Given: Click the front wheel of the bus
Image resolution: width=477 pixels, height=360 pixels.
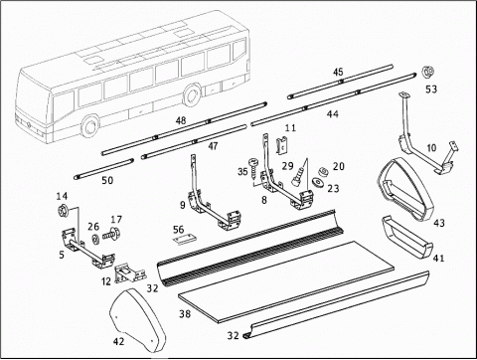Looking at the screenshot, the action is [x=89, y=125].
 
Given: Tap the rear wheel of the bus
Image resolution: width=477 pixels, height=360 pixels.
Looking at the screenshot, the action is [x=192, y=94].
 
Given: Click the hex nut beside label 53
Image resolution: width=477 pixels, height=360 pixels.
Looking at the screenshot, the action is [x=427, y=72].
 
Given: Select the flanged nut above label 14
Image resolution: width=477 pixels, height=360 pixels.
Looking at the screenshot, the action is [x=63, y=210].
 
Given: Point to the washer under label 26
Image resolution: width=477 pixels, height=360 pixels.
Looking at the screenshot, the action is [x=95, y=239].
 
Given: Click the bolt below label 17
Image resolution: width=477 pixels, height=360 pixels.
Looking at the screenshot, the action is [x=111, y=235].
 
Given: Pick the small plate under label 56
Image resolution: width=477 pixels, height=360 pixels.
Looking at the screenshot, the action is [x=184, y=240].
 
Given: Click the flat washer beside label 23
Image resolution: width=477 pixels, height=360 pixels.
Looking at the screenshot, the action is [x=318, y=183].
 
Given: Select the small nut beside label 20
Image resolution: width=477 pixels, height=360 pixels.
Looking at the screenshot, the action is [x=321, y=171].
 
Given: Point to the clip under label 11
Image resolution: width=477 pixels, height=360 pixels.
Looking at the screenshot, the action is [x=281, y=146].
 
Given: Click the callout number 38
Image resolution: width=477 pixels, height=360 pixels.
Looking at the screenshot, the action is [x=185, y=313].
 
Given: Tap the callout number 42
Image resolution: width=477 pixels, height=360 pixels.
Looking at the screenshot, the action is [x=118, y=341].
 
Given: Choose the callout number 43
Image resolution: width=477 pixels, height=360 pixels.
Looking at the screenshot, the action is [x=439, y=223].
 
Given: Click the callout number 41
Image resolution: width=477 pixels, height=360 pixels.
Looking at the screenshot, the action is [x=438, y=258].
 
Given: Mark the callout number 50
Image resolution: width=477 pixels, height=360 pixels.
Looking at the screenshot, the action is [x=107, y=181].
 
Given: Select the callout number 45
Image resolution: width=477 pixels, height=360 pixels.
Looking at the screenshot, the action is [x=338, y=72].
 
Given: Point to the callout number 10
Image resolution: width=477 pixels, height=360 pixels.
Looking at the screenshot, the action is [x=431, y=147].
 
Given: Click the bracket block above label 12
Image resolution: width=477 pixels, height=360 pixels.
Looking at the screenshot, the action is [x=130, y=272].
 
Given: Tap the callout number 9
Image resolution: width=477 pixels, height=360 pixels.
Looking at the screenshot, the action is [x=183, y=205].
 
